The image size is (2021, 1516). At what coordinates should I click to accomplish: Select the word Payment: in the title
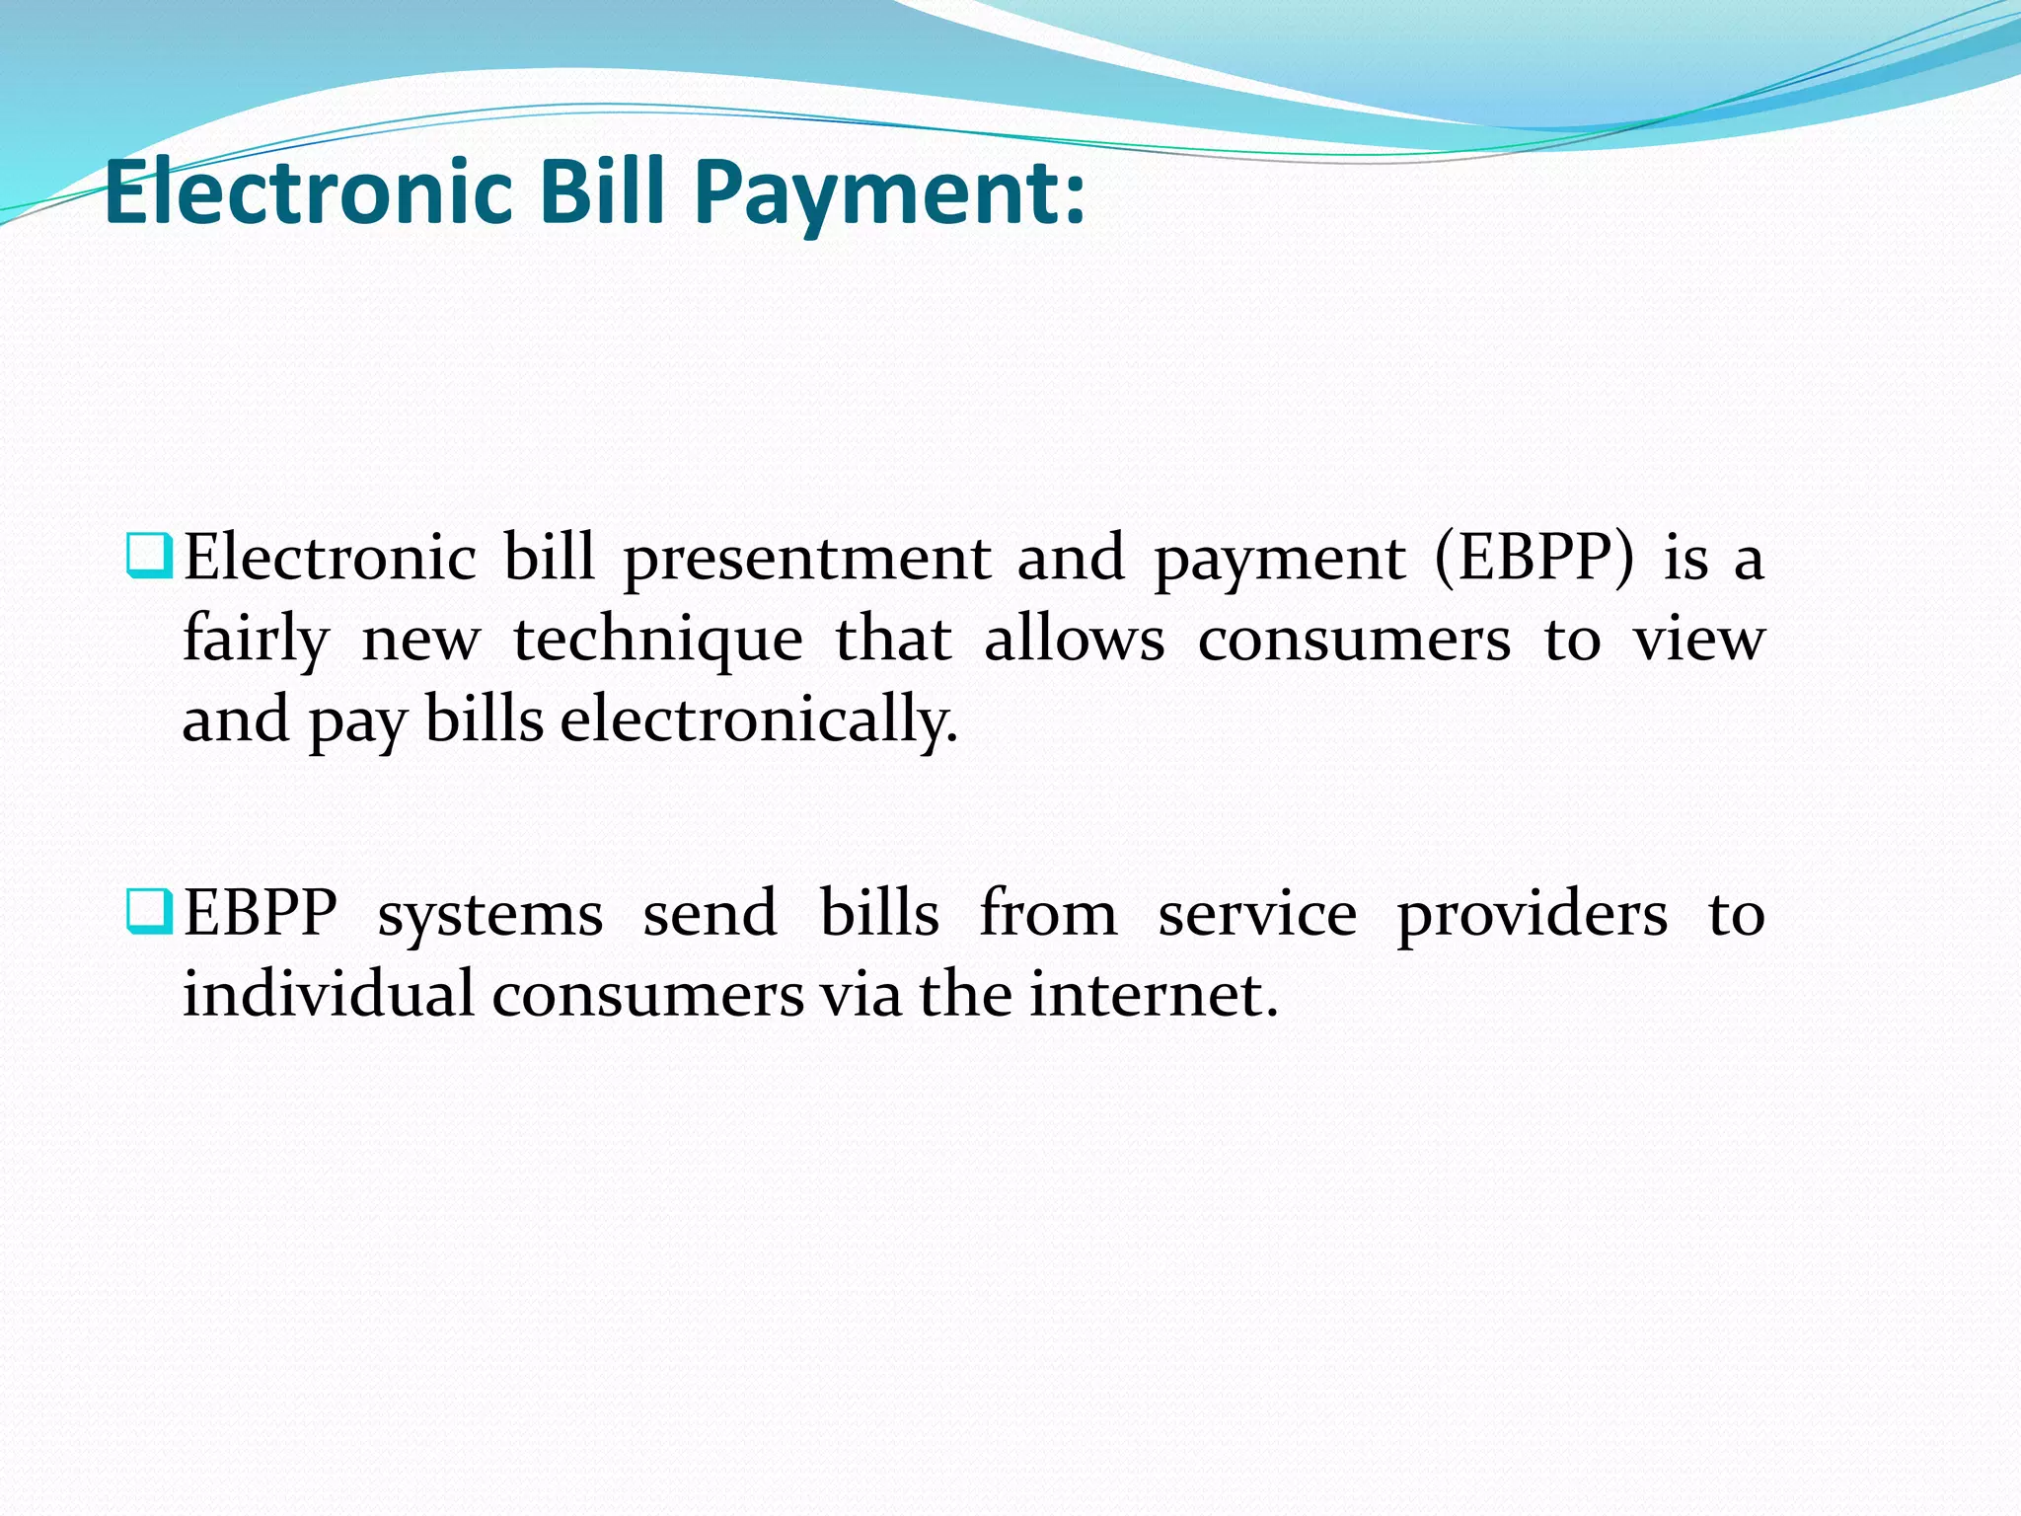click(888, 193)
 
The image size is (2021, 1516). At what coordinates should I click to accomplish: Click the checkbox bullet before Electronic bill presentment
click(150, 556)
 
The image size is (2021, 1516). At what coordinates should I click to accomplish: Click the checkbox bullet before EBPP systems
click(150, 911)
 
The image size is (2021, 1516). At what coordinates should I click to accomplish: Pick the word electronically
click(759, 720)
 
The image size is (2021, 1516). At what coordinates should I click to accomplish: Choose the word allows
click(1074, 640)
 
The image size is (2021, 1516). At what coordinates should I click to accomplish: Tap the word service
click(1257, 914)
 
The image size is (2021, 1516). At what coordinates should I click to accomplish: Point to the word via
click(861, 995)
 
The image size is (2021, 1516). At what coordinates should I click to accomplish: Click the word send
click(710, 914)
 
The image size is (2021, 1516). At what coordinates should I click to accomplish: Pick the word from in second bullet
click(1048, 914)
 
